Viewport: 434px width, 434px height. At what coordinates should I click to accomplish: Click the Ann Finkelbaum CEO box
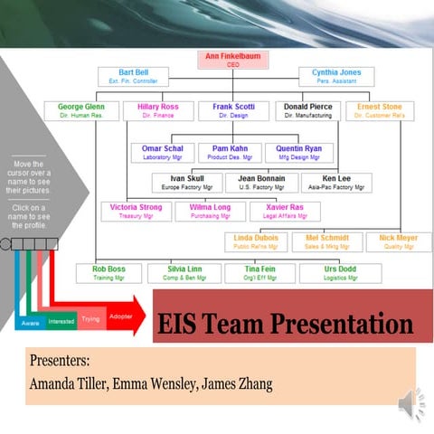coord(234,61)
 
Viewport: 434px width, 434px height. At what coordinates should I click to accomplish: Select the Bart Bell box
coord(134,77)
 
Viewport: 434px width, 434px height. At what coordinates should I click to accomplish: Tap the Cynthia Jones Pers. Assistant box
coord(335,77)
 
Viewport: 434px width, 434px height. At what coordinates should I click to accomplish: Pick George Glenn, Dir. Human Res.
coord(81,110)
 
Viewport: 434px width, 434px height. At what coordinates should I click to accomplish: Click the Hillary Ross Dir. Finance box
coord(157,110)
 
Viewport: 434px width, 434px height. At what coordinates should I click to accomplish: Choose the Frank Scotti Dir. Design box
coord(234,110)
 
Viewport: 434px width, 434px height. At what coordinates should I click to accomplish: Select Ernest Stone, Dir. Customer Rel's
coord(380,110)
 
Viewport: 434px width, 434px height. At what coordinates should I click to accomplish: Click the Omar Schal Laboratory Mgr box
coord(163,152)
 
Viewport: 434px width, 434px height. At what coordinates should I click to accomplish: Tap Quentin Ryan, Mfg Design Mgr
coord(298,152)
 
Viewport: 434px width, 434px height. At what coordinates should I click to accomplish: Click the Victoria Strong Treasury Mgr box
coord(136,212)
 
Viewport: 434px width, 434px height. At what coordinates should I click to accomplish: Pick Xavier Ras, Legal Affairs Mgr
coord(285,212)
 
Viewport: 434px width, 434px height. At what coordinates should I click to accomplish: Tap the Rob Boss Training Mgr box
coord(108,273)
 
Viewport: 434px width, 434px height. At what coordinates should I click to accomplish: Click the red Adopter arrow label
coord(119,316)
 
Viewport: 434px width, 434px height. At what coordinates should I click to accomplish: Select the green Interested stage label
coord(61,321)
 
